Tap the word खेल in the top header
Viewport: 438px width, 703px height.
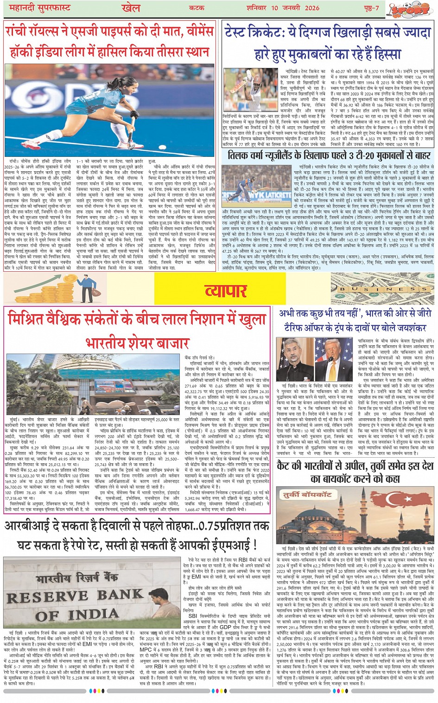point(131,7)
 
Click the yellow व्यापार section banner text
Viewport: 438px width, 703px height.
point(226,291)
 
